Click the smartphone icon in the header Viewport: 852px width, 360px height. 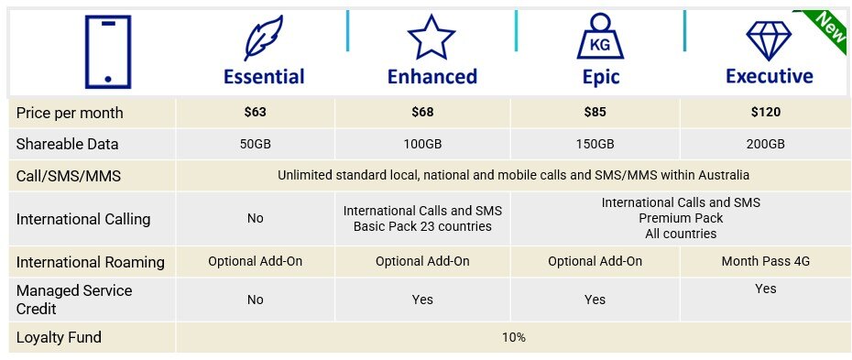click(107, 51)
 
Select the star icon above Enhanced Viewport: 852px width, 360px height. click(431, 38)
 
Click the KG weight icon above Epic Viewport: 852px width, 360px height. click(600, 38)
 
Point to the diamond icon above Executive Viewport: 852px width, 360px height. click(769, 40)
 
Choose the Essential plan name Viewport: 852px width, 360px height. click(264, 77)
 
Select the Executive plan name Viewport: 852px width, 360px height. click(769, 77)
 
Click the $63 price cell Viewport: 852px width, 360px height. click(255, 114)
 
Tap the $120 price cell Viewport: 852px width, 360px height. click(765, 114)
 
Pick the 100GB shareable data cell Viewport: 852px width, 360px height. click(422, 145)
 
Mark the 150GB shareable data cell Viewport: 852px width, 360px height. click(595, 145)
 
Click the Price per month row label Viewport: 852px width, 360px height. click(70, 114)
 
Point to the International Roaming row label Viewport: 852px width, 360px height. click(90, 262)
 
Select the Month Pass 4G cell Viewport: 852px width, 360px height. click(765, 261)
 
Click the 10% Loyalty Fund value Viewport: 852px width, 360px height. click(513, 337)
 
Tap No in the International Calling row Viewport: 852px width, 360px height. click(255, 219)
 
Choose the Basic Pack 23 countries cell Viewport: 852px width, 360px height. click(422, 219)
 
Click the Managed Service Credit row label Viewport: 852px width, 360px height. click(74, 299)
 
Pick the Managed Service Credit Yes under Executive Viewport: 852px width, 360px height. click(765, 289)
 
